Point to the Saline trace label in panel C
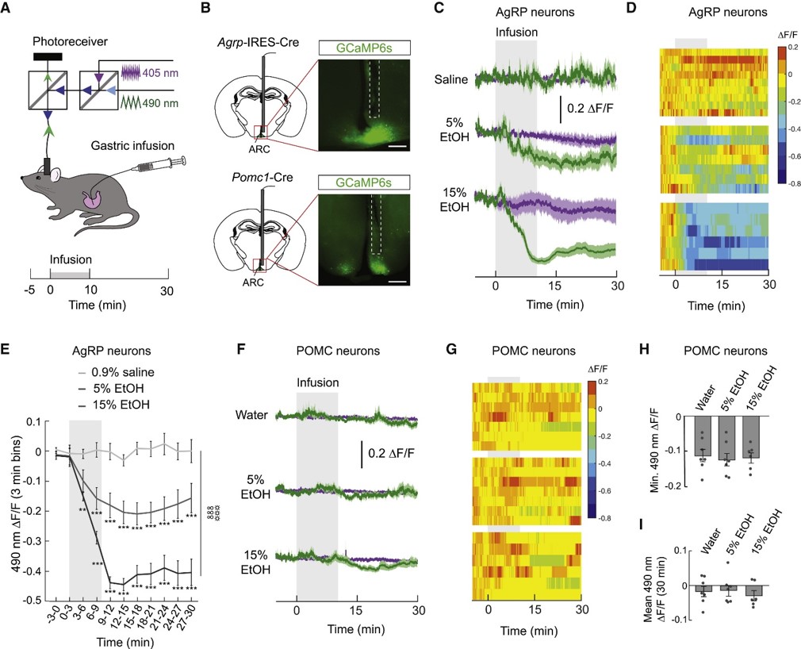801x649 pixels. (451, 79)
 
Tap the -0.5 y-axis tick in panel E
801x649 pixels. (36, 600)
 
